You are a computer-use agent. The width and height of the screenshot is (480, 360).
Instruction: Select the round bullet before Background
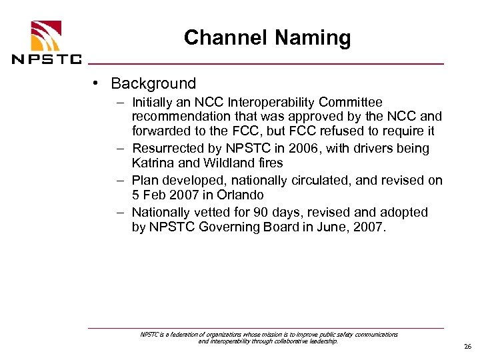[97, 83]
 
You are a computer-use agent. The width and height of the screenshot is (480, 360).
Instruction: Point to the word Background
[153, 84]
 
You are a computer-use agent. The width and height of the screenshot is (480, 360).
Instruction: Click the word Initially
[154, 103]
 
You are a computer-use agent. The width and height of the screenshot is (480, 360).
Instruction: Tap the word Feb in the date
[154, 195]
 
